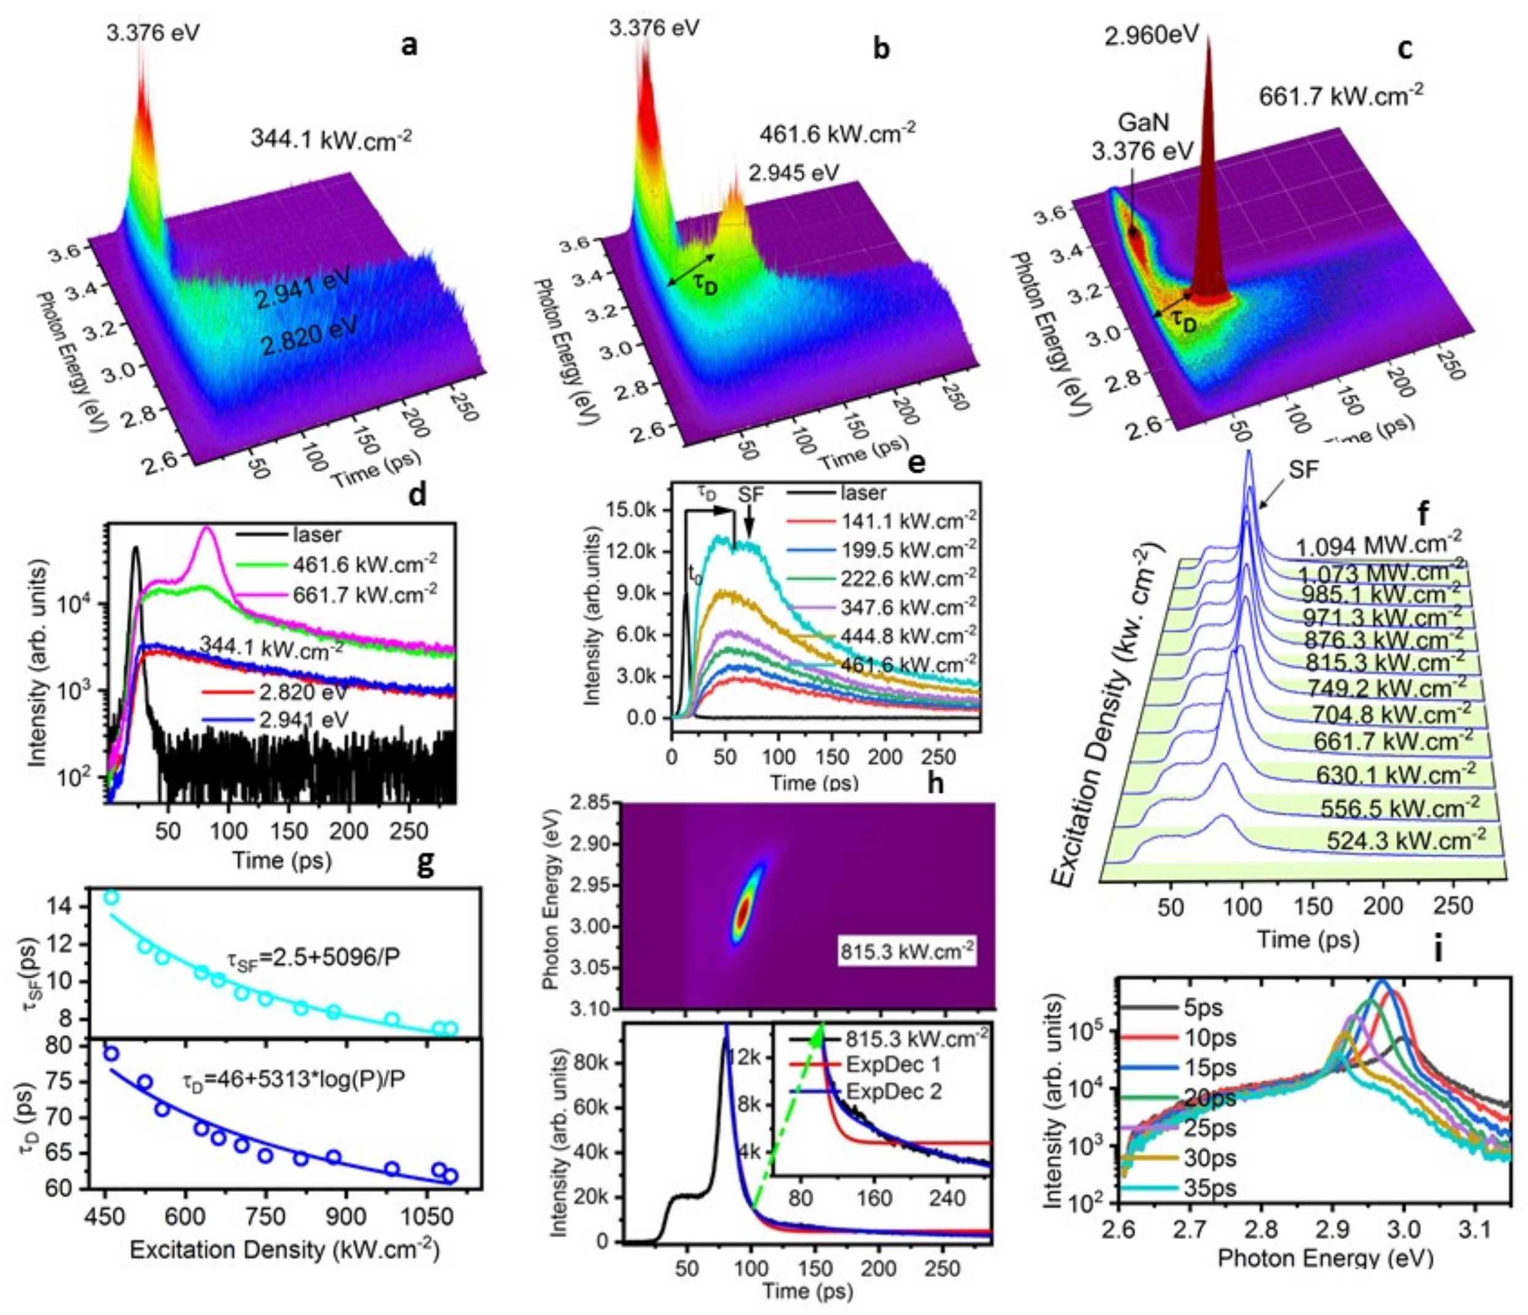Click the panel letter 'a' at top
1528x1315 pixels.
click(x=409, y=46)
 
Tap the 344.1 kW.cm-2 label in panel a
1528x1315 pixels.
click(x=331, y=138)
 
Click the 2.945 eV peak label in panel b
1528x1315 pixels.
click(x=793, y=173)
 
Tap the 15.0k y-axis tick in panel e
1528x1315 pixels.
click(x=629, y=509)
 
